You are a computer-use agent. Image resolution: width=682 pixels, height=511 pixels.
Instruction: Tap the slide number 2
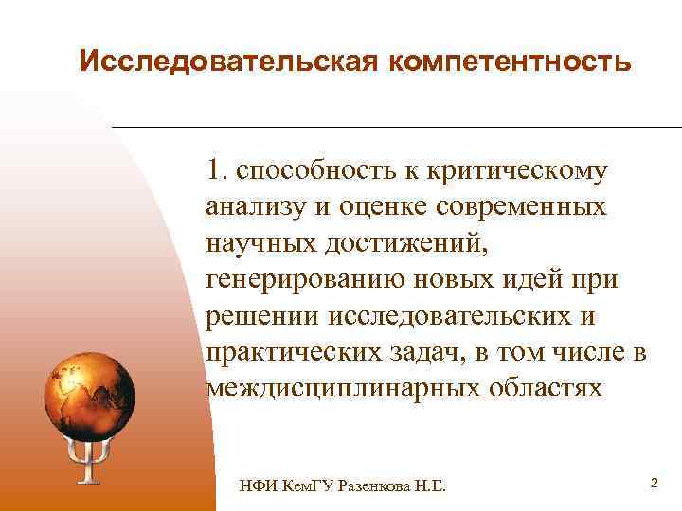click(x=654, y=484)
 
